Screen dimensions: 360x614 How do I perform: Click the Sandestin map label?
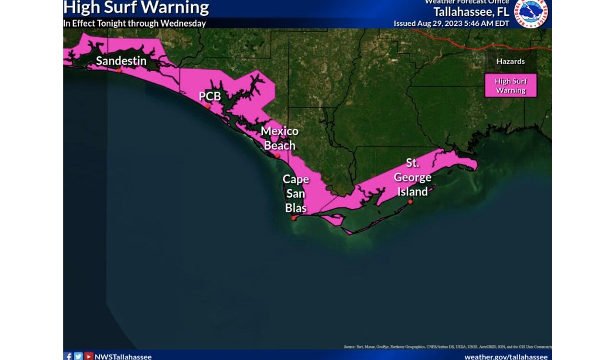click(121, 61)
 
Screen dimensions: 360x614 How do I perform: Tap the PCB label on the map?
click(210, 96)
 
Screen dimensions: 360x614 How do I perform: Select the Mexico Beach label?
click(280, 138)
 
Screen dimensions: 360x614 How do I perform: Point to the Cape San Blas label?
click(295, 193)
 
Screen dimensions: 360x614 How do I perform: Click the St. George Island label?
click(412, 177)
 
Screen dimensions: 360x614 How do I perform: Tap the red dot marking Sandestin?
click(119, 70)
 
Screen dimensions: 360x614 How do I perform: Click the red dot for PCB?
click(207, 107)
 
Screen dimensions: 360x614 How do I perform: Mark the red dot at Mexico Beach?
click(277, 155)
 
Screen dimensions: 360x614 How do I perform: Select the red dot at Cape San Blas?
click(294, 218)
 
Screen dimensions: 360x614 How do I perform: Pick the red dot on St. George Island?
click(410, 202)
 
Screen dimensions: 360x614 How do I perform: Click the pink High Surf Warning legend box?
click(510, 86)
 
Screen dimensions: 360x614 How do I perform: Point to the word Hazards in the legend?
click(510, 61)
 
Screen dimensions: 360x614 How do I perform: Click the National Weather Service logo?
click(531, 13)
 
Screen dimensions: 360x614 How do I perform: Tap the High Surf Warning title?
click(136, 8)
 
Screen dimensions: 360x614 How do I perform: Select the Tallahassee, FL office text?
click(471, 12)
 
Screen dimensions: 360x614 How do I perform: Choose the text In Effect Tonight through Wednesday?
click(135, 24)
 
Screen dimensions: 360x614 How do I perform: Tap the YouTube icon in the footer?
click(88, 356)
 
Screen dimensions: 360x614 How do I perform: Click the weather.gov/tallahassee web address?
click(506, 357)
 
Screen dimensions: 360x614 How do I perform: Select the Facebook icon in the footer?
click(68, 356)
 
